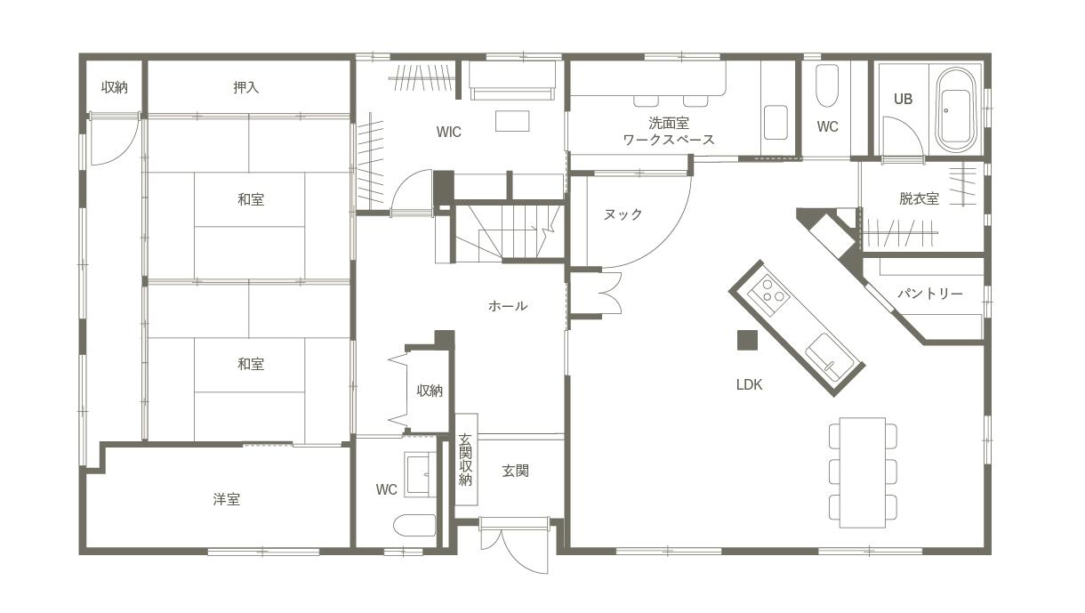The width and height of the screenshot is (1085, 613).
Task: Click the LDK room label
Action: click(749, 384)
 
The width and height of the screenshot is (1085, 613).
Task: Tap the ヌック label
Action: click(623, 214)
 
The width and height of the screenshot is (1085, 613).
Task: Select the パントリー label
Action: click(930, 294)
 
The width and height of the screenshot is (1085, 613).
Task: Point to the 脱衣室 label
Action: click(919, 198)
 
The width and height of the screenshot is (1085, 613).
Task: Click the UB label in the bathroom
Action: click(903, 99)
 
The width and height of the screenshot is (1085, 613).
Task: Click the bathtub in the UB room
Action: click(955, 110)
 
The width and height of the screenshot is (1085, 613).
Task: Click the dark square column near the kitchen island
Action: click(747, 340)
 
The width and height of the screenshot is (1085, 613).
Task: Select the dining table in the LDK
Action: click(863, 472)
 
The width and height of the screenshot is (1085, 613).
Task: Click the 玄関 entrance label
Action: click(516, 471)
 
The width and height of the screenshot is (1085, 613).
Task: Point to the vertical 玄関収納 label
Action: click(465, 460)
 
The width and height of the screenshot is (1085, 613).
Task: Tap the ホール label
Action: click(508, 306)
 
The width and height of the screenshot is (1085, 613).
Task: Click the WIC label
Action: click(448, 132)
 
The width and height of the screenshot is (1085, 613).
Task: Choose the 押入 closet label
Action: click(246, 87)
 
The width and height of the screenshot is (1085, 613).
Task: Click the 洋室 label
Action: click(226, 499)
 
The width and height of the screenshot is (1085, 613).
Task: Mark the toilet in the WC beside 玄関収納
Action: click(415, 525)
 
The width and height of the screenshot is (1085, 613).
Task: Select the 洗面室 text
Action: click(669, 123)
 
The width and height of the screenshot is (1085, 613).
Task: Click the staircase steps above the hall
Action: click(509, 232)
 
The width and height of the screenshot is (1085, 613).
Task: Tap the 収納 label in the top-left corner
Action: click(115, 87)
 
